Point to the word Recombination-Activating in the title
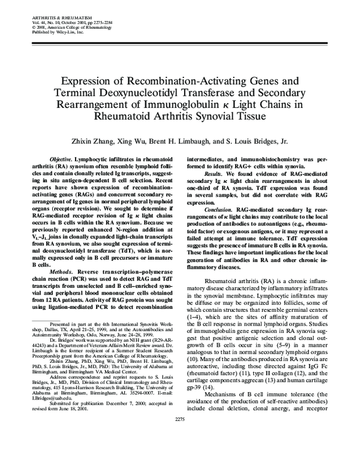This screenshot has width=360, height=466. point(169,80)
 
